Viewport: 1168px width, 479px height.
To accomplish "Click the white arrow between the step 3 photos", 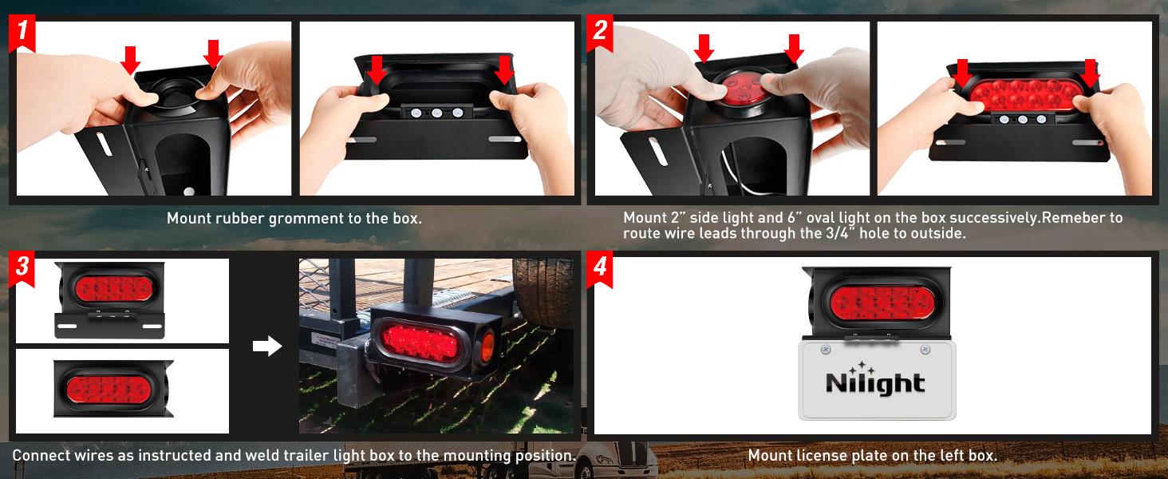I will pyautogui.click(x=267, y=346).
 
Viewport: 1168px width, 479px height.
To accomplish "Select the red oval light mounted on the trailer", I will pyautogui.click(x=419, y=340).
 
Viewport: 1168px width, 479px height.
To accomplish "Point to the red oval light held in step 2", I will pyautogui.click(x=1024, y=97).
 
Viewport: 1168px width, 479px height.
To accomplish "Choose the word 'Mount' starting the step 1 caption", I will pyautogui.click(x=188, y=218).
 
